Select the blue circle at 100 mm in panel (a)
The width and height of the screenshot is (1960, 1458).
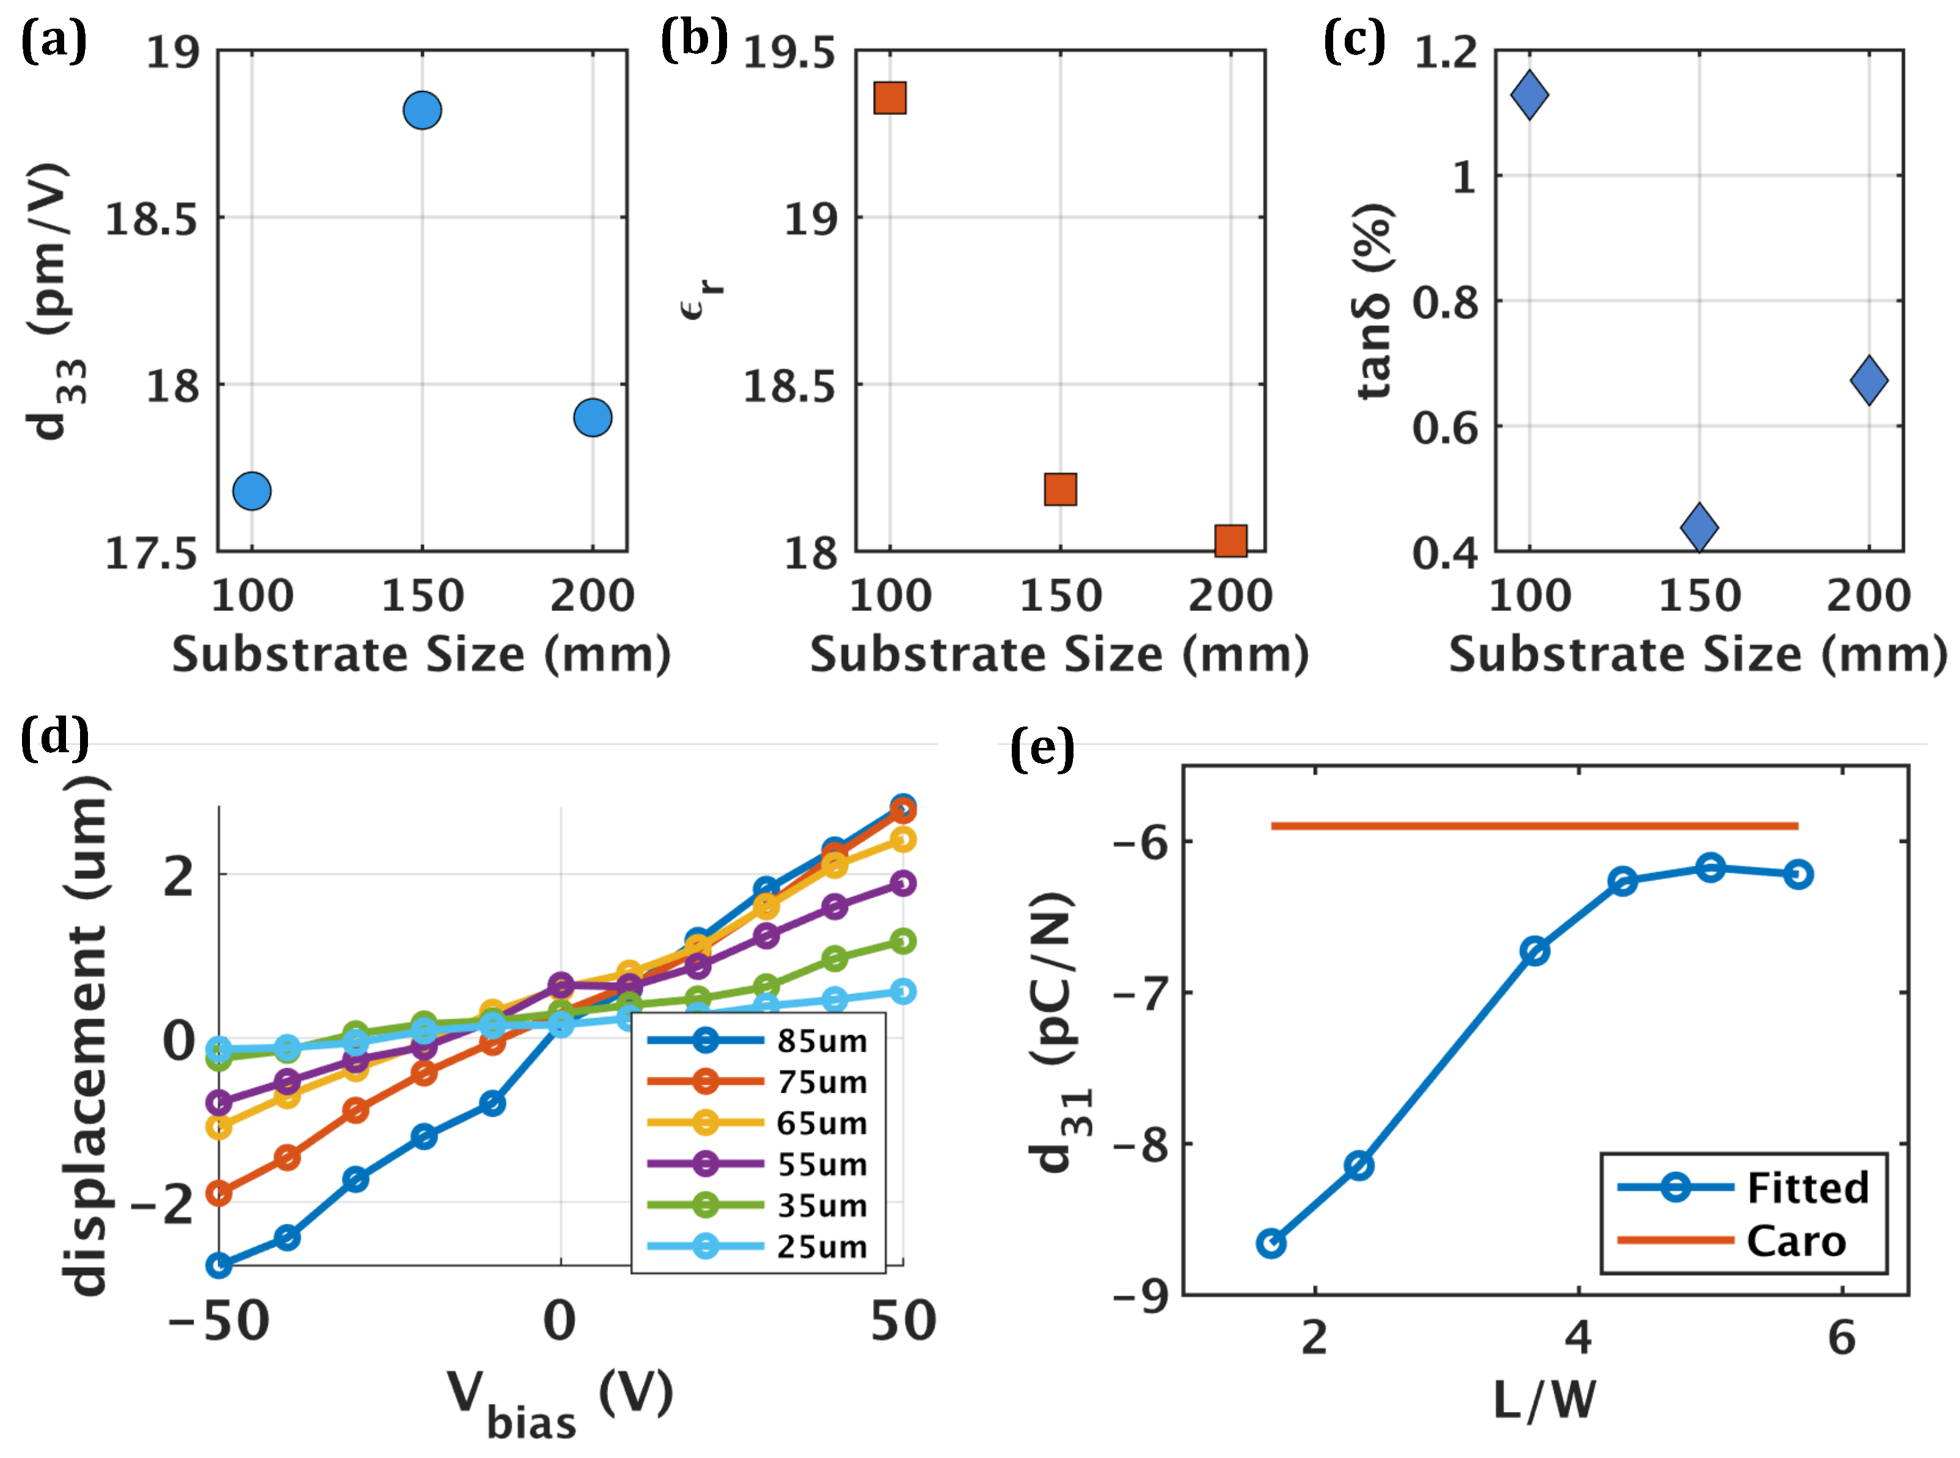click(x=252, y=491)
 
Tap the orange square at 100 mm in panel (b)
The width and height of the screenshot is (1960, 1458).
click(x=890, y=98)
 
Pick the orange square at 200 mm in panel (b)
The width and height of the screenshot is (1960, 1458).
click(x=1230, y=540)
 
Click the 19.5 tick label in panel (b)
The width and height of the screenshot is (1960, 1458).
click(x=788, y=54)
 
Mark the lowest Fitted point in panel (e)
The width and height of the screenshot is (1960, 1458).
click(x=1271, y=1244)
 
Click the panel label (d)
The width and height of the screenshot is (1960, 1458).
click(x=55, y=735)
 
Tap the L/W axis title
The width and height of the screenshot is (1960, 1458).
click(x=1545, y=1400)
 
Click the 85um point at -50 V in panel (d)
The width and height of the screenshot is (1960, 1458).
click(x=218, y=1266)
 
